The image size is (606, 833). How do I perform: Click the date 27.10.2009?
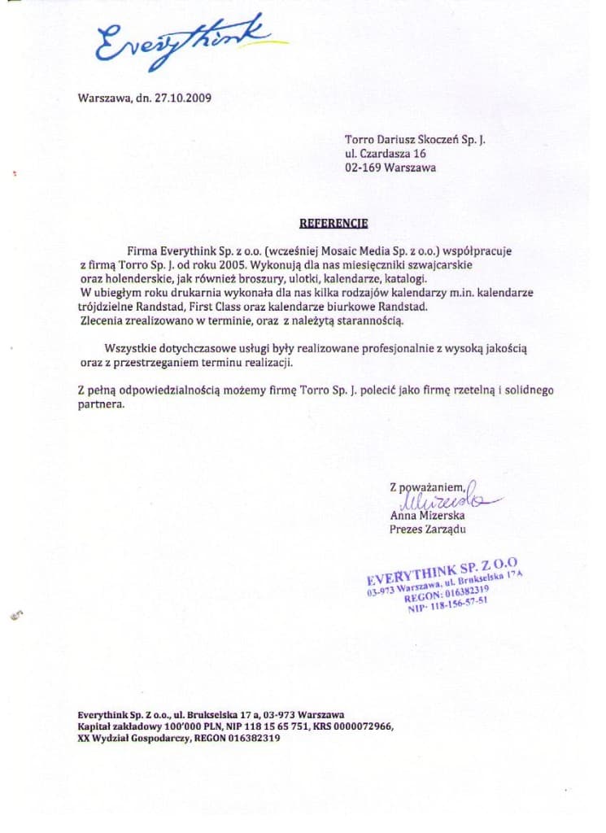point(183,98)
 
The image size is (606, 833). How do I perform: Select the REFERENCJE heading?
point(334,222)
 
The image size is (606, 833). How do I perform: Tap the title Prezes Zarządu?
point(428,530)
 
